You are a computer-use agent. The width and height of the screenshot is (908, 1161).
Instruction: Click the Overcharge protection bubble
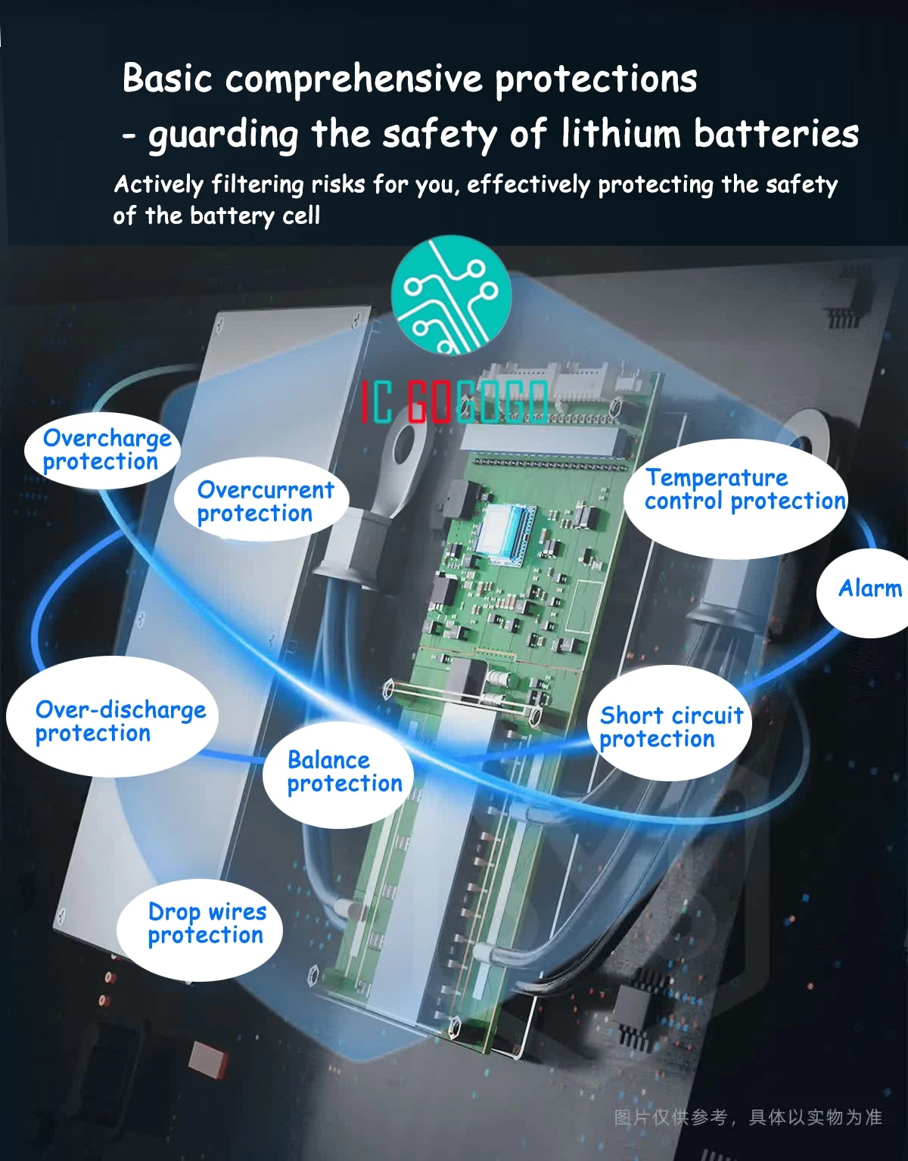pos(103,450)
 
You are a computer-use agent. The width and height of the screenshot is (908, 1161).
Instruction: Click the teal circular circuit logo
pos(451,296)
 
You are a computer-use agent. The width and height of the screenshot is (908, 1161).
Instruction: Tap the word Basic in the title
pos(167,79)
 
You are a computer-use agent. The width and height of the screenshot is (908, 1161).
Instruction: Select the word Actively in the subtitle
pos(159,185)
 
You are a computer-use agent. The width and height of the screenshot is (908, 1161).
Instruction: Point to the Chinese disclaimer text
pos(748,1117)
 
